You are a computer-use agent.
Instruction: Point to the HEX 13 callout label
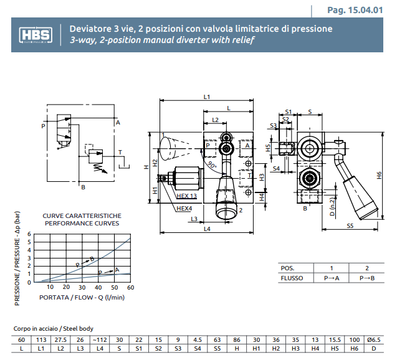186,196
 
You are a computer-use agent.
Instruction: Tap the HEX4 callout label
184,208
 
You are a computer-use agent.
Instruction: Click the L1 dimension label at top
207,97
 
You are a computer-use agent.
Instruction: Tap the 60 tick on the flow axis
130,287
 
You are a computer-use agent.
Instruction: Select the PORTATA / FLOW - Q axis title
82,297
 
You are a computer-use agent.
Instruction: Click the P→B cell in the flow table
366,278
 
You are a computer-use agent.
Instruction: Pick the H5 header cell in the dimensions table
334,349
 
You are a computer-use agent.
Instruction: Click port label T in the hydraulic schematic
120,153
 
